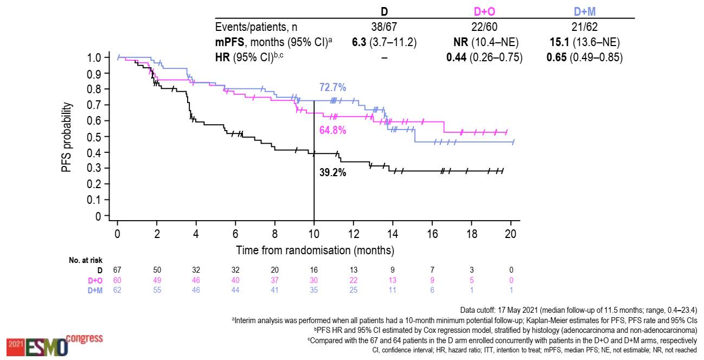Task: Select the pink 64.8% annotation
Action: click(332, 131)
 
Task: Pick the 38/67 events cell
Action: click(384, 27)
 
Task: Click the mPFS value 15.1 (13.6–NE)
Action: click(585, 42)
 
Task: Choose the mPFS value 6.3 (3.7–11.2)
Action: click(384, 42)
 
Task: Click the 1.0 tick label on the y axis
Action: click(94, 57)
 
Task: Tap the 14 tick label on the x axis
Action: click(393, 234)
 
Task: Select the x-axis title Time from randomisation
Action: click(315, 250)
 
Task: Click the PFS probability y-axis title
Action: click(67, 137)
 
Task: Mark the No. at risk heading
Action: click(86, 260)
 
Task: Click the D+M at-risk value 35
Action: click(314, 290)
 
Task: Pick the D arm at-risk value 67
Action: click(117, 269)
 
